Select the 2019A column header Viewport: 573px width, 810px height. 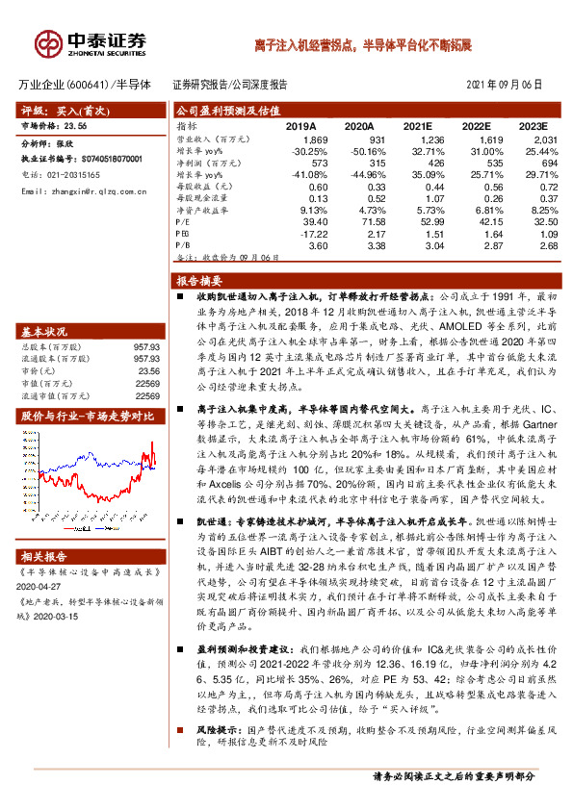point(300,126)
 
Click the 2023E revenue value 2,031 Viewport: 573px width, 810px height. point(543,140)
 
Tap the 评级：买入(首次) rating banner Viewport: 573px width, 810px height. point(59,111)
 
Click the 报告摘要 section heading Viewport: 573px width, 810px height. point(198,282)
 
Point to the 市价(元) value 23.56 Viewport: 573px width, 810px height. point(146,369)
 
